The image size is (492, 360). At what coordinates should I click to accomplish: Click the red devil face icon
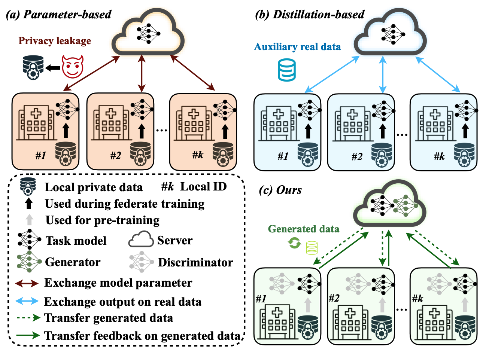point(73,67)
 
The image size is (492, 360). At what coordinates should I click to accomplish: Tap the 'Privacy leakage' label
point(55,40)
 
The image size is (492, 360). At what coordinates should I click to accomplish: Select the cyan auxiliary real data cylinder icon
point(287,70)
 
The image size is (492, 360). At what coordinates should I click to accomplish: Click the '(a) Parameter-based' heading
point(59,14)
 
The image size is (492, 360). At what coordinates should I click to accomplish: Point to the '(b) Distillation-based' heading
point(310,14)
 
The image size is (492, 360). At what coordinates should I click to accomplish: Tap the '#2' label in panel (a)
point(116,155)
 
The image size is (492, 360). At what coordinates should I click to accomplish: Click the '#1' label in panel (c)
point(261,298)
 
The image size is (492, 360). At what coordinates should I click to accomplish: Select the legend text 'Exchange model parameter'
point(118,283)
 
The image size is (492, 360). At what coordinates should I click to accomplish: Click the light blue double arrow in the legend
point(27,301)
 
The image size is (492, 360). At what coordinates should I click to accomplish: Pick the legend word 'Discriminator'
point(195,262)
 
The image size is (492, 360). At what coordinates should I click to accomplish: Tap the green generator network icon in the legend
point(29,262)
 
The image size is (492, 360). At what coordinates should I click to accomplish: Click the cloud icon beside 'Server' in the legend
point(141,240)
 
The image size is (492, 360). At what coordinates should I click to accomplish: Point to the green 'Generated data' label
point(304,229)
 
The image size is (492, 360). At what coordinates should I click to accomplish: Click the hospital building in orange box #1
point(36,122)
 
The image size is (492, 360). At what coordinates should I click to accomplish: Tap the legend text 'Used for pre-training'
point(102,220)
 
